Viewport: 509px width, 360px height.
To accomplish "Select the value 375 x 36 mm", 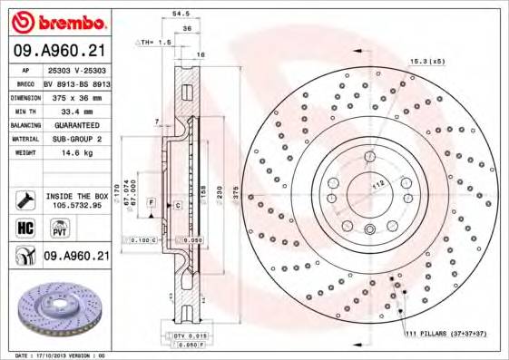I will coord(76,97).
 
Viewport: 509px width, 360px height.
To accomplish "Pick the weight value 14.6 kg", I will coord(75,153).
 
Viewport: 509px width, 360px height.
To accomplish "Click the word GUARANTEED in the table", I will coord(76,124).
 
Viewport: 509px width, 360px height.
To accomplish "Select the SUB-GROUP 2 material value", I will coord(76,139).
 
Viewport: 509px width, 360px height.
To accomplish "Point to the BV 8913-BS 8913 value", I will coord(76,83).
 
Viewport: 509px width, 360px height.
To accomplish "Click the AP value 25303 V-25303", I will coord(76,69).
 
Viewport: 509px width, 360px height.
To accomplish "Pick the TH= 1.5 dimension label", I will coord(154,43).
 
